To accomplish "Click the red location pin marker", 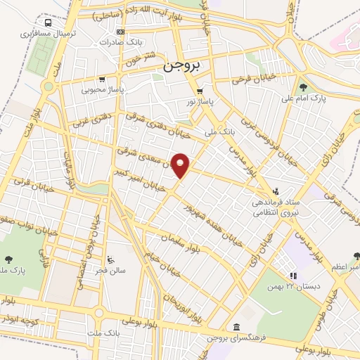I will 181,165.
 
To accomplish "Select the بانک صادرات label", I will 116,41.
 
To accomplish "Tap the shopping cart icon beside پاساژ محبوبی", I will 102,79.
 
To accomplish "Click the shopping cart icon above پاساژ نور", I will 200,91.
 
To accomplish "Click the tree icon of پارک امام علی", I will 303,87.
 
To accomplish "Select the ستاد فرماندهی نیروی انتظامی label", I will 276,207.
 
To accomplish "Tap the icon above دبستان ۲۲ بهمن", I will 292,276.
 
